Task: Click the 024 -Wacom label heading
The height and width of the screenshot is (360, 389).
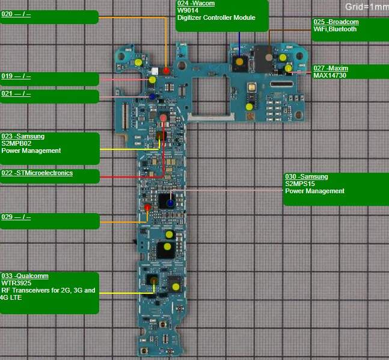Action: pyautogui.click(x=196, y=4)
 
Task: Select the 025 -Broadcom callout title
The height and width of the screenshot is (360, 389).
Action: pyautogui.click(x=335, y=22)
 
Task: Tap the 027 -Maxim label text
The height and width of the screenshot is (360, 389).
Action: pyautogui.click(x=331, y=69)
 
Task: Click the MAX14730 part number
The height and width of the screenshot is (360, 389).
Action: pyautogui.click(x=329, y=76)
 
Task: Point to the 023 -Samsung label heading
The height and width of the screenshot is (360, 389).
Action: pyautogui.click(x=23, y=137)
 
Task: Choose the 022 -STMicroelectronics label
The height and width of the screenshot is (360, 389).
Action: pyautogui.click(x=37, y=173)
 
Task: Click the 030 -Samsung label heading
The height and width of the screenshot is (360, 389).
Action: pyautogui.click(x=307, y=177)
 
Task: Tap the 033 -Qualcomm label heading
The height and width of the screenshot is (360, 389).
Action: pyautogui.click(x=25, y=276)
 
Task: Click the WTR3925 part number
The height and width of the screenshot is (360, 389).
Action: pyautogui.click(x=17, y=283)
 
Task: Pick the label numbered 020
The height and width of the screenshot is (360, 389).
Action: pyautogui.click(x=16, y=13)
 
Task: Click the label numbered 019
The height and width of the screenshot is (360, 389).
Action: pyautogui.click(x=16, y=76)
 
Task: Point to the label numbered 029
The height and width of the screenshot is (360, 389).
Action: pyautogui.click(x=16, y=217)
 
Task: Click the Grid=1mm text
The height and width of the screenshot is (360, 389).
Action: pyautogui.click(x=366, y=7)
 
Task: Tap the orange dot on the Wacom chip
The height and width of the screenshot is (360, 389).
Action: pyautogui.click(x=239, y=62)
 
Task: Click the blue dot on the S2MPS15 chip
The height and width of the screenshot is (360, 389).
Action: pyautogui.click(x=170, y=203)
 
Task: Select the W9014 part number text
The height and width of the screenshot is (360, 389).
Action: pyautogui.click(x=188, y=10)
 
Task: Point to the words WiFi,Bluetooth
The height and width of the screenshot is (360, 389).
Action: pyautogui.click(x=335, y=29)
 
